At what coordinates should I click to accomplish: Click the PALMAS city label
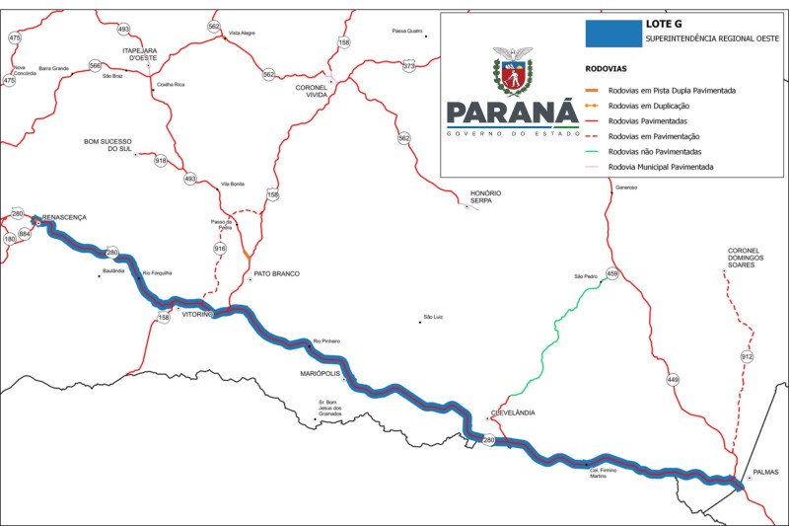(x=764, y=472)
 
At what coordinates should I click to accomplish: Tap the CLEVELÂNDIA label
(x=513, y=413)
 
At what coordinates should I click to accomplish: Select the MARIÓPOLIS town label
(x=322, y=374)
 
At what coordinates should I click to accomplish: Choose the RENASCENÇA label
(x=63, y=216)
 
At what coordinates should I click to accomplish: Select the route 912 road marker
(x=747, y=356)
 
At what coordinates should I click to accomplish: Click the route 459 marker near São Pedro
(x=611, y=273)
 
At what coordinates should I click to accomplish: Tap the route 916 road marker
(x=220, y=249)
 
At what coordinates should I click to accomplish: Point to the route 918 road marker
(x=161, y=161)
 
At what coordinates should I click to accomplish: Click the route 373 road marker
(x=408, y=66)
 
